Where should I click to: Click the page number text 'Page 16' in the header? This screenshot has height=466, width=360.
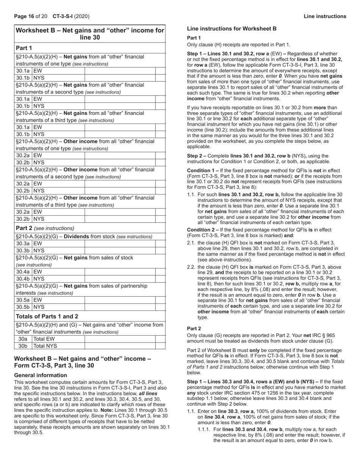[x=24, y=16]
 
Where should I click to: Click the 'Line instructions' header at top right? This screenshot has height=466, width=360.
[x=325, y=16]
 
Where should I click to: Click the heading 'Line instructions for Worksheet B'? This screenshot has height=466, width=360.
[x=232, y=28]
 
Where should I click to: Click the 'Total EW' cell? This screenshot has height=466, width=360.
[x=45, y=339]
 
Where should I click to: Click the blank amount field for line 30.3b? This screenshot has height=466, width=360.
[x=119, y=250]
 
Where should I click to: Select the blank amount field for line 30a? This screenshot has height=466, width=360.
[x=119, y=339]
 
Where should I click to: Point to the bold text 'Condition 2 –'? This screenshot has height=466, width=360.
[x=203, y=230]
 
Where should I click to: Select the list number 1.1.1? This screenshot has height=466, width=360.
[x=204, y=429]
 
